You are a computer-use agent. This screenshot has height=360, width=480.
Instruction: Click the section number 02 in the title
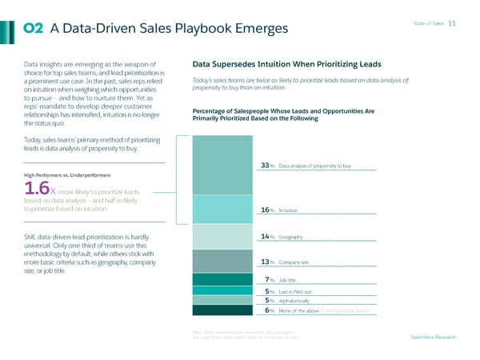click(34, 29)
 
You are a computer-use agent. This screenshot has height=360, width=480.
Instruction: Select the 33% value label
click(267, 166)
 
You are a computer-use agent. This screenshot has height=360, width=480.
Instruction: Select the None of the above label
click(302, 310)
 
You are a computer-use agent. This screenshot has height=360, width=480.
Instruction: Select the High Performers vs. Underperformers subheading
click(59, 175)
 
